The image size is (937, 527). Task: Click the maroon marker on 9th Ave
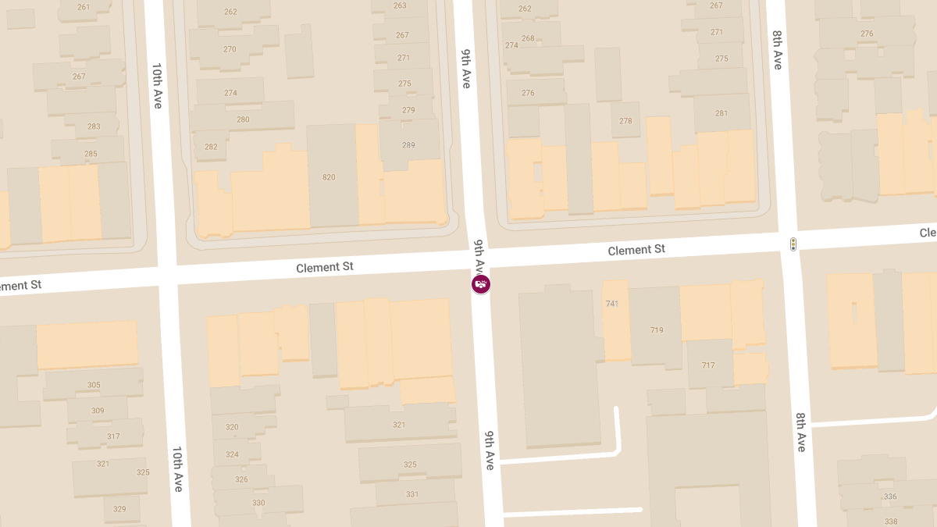[x=481, y=284]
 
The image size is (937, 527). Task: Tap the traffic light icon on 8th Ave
[x=793, y=244]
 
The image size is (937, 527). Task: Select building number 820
[x=329, y=177]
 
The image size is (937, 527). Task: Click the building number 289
[x=408, y=145]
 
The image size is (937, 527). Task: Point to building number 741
[x=611, y=303]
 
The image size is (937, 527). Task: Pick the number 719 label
[x=657, y=330]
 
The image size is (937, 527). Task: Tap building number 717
[x=708, y=365]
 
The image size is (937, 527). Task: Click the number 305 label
[x=94, y=385]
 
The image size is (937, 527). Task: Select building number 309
[x=98, y=411]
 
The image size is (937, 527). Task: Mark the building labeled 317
[x=113, y=436]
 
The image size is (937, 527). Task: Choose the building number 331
[x=412, y=494]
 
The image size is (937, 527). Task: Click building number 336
[x=890, y=497]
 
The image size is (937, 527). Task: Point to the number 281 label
[x=721, y=113]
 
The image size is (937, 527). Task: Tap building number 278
[x=625, y=121]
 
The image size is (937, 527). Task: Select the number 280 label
[x=243, y=119]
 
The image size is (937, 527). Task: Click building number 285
[x=91, y=154]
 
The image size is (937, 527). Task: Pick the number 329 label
[x=119, y=509]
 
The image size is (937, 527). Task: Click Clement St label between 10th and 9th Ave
[x=324, y=267]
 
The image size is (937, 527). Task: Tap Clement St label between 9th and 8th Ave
[x=636, y=250]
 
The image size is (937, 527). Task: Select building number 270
[x=230, y=49]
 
